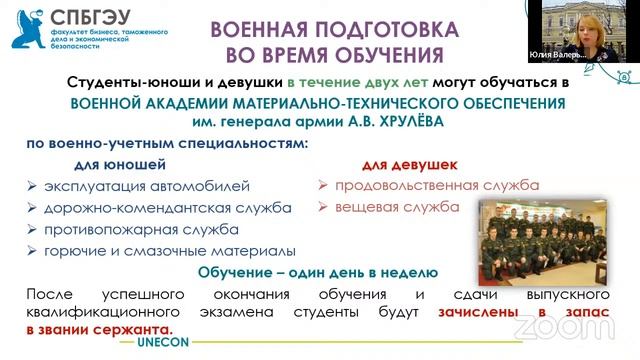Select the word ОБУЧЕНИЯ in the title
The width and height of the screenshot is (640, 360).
[x=389, y=53]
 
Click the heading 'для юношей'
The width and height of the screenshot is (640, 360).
[x=121, y=163]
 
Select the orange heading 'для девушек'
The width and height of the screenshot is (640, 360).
[x=409, y=163]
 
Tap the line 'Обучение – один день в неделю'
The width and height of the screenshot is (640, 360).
[x=320, y=273]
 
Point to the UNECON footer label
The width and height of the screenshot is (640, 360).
[x=165, y=341]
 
